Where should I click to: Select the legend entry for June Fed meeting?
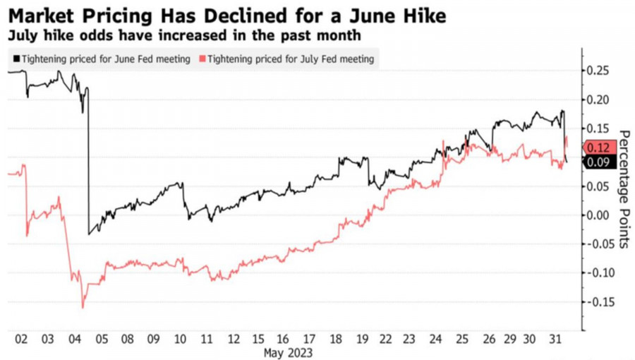tap(102, 59)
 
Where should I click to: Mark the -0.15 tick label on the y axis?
tap(595, 302)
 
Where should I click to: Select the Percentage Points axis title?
tap(624, 188)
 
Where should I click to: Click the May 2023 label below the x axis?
tap(287, 351)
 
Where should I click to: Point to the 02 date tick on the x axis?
tap(21, 338)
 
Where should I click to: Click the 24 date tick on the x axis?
tap(437, 338)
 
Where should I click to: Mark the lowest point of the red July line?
tap(83, 307)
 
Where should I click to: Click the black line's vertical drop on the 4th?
tap(88, 169)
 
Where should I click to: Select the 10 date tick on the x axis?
tap(180, 338)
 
